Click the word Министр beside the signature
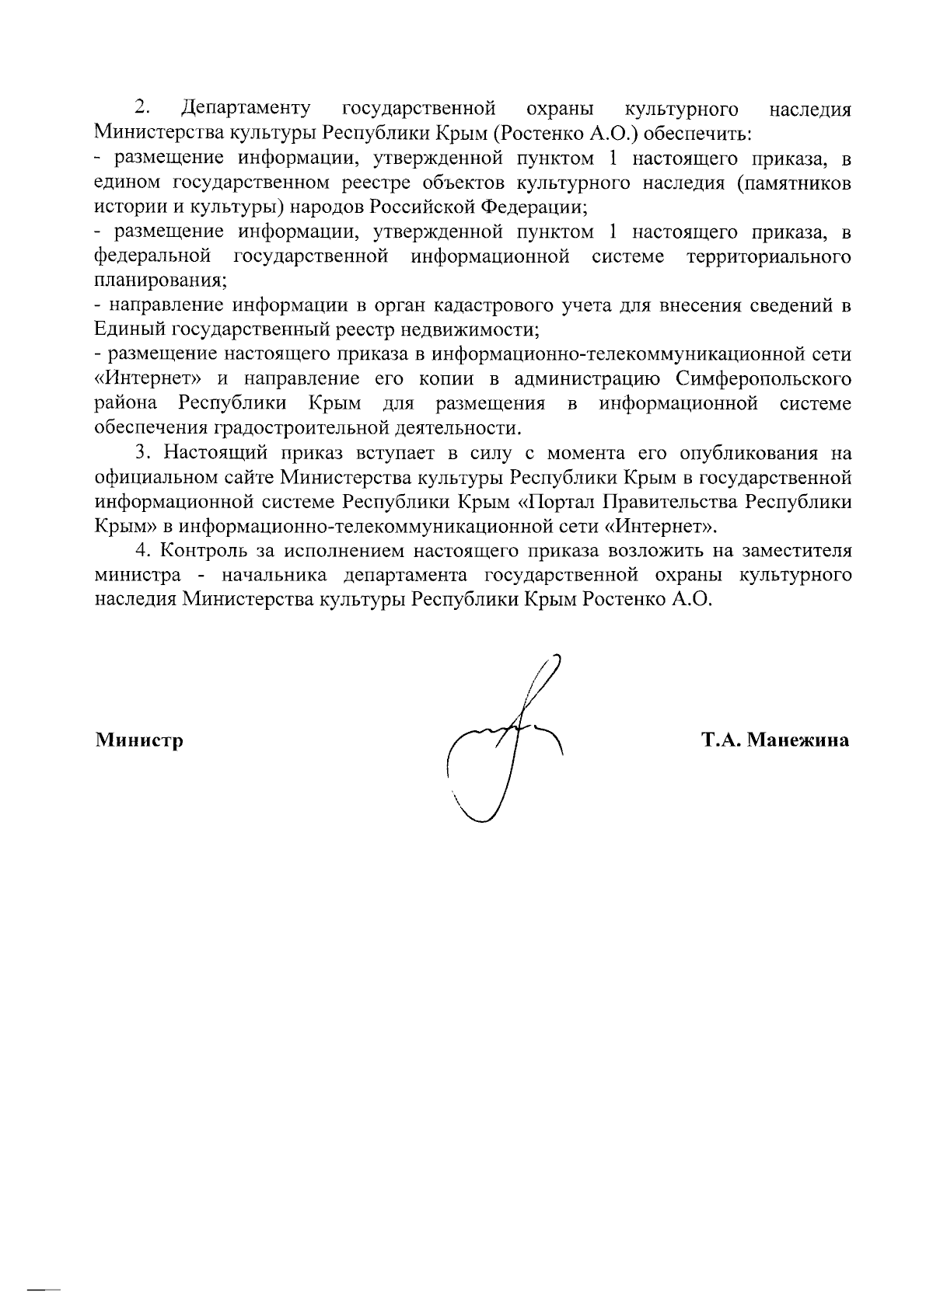pyautogui.click(x=139, y=740)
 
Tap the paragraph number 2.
pyautogui.click(x=142, y=107)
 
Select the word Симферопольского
pyautogui.click(x=763, y=380)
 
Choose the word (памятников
pyautogui.click(x=791, y=183)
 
